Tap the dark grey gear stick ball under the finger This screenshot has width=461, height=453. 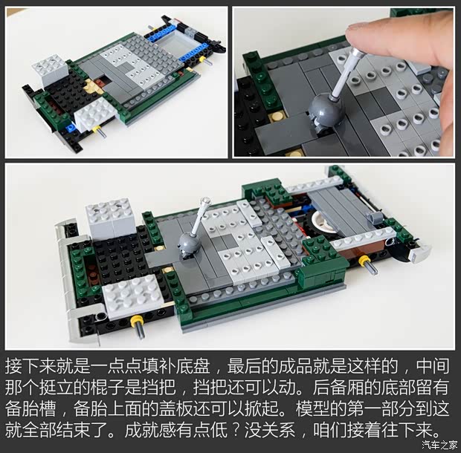click(x=326, y=109)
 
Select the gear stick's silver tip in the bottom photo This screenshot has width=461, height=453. click(x=206, y=201)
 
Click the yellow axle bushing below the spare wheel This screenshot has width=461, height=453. click(x=364, y=260)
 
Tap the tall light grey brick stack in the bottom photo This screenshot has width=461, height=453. click(x=111, y=218)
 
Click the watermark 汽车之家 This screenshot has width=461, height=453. click(x=440, y=445)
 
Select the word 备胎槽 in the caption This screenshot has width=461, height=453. click(x=30, y=409)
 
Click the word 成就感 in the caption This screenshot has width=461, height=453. click(x=150, y=431)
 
